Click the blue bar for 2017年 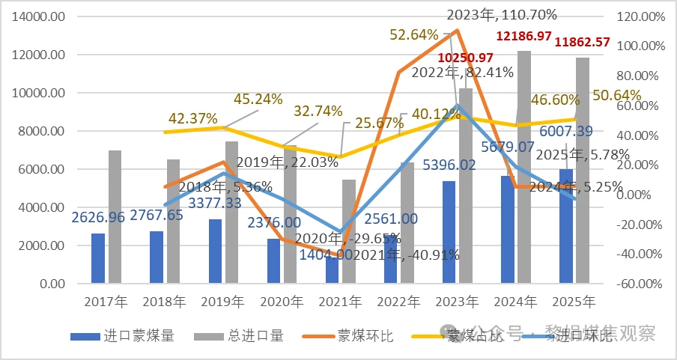(98, 259)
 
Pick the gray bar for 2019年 (232, 213)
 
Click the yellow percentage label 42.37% (193, 118)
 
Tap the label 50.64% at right (616, 96)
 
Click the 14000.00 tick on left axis (39, 16)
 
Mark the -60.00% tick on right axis (638, 284)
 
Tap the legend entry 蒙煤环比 (365, 336)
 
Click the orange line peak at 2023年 (457, 31)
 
